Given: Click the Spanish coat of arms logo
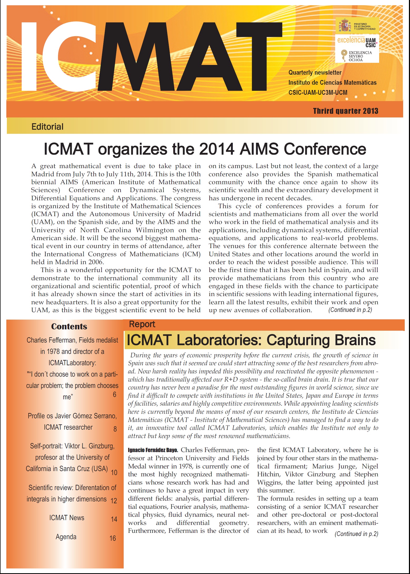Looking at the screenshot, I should coord(345,26).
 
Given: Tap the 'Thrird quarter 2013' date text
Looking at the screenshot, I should coord(345,111).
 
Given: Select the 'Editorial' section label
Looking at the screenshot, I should coord(47,127).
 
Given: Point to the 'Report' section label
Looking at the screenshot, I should coord(142,324).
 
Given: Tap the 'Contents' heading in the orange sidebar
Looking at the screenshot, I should coord(69,326).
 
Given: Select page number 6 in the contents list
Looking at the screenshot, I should coord(114,395).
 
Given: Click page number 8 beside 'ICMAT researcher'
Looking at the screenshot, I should coord(115,429).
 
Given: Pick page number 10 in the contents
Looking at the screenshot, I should coord(114,472).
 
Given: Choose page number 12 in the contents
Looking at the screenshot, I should coord(114,501).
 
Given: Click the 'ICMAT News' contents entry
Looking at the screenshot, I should coord(67,518).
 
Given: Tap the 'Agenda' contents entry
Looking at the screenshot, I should coord(66,537).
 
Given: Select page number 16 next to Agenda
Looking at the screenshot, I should coord(113,538).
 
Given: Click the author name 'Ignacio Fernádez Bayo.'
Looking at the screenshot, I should coord(153,450).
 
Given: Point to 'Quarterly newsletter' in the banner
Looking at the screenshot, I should coord(315,73).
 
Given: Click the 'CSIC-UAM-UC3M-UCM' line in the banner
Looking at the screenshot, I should coord(318,93).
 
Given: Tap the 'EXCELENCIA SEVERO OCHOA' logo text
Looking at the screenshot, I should coord(360,56).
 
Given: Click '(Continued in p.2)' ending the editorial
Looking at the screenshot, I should coord(350,310).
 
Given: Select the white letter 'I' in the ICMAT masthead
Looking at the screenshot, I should coord(29,56).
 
